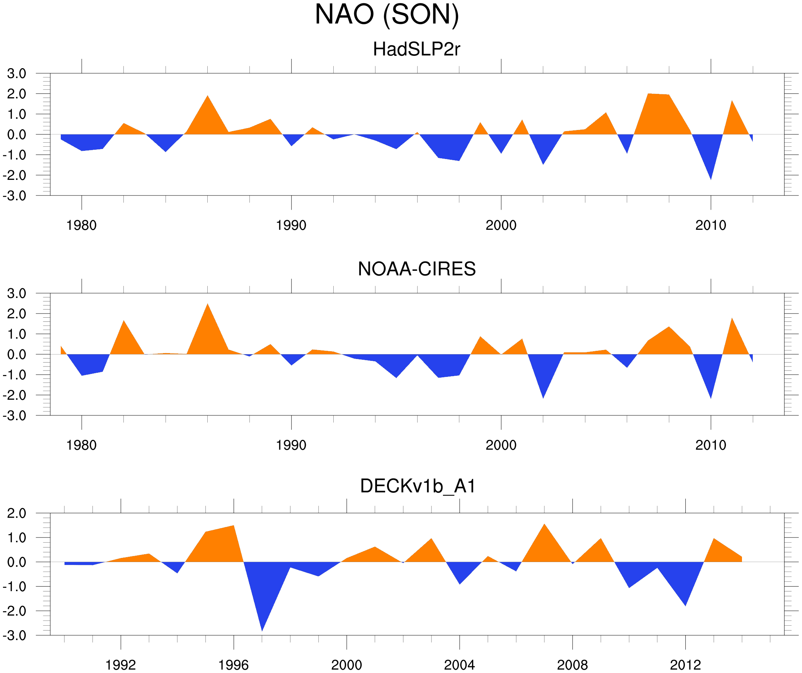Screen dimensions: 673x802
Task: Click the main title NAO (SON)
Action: click(387, 15)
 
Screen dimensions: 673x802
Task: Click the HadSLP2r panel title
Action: click(416, 50)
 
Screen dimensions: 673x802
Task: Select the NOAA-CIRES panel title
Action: click(416, 269)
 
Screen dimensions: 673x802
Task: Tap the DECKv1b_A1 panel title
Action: click(418, 486)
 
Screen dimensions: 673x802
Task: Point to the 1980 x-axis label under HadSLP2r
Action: click(81, 225)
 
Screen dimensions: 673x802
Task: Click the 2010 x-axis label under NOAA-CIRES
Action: click(710, 445)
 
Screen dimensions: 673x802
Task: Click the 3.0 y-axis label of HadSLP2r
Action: click(17, 74)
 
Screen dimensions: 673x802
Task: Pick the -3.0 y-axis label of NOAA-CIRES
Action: click(15, 416)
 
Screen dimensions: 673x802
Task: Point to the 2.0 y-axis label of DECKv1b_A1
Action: click(17, 514)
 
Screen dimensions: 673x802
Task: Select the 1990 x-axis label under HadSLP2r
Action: click(291, 225)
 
